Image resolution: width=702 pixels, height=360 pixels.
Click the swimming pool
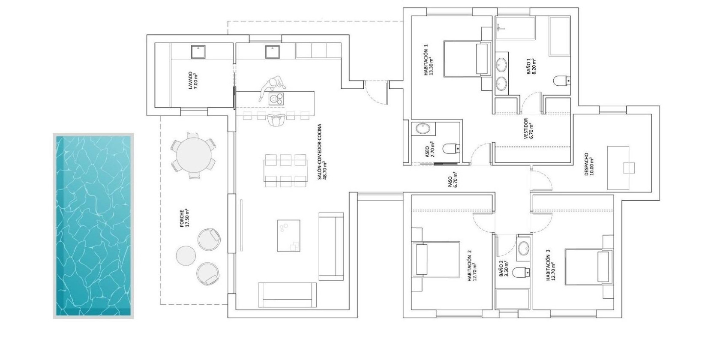(x=93, y=225)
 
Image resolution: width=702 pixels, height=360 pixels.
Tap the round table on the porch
(x=194, y=155)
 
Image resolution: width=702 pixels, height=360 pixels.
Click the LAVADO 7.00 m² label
(x=193, y=81)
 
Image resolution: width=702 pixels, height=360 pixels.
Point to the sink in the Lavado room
(x=198, y=52)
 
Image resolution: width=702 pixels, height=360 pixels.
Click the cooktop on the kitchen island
(x=276, y=99)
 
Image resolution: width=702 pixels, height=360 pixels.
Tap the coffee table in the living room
(x=288, y=236)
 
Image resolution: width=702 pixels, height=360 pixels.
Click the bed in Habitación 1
(x=467, y=59)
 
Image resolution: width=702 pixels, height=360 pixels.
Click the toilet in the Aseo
(x=452, y=148)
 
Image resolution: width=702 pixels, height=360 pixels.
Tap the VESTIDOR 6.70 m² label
(x=528, y=129)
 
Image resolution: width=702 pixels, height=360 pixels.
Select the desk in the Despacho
(x=618, y=168)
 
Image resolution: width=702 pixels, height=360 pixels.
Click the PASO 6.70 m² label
(x=453, y=180)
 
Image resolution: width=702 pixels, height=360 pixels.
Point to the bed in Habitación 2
(x=436, y=259)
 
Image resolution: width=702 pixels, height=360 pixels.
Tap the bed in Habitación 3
(x=589, y=267)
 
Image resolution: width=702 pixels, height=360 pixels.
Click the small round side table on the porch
(x=186, y=255)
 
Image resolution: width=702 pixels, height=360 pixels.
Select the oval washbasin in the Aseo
(x=423, y=129)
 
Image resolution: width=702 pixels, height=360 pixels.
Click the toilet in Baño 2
(x=521, y=273)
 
